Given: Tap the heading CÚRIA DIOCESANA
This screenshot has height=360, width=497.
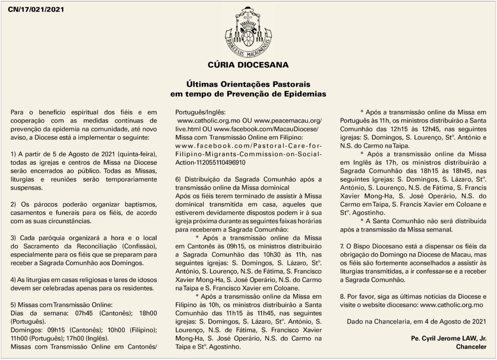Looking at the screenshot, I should pos(248,65).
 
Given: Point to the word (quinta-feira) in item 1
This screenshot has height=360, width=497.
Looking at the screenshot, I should pos(134,153).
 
